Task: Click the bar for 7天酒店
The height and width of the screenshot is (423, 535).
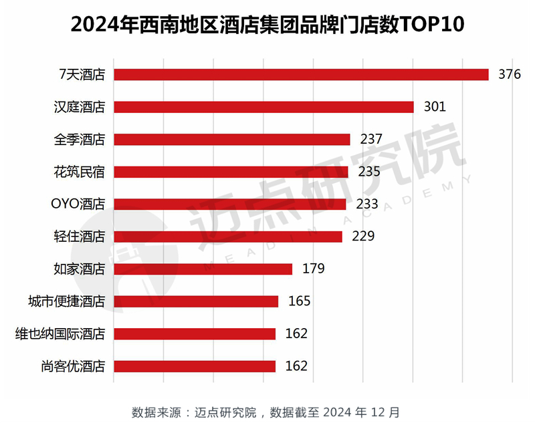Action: (301, 74)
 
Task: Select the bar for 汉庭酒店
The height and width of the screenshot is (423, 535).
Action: (264, 107)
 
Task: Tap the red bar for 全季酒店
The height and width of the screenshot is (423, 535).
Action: (232, 139)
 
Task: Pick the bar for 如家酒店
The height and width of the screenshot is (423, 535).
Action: (203, 269)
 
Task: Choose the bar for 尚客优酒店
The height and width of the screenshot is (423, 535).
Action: (195, 366)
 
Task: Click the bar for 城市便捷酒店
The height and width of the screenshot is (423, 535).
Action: (196, 301)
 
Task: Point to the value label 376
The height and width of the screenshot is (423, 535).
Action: (509, 74)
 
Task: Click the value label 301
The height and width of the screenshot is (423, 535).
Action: (435, 107)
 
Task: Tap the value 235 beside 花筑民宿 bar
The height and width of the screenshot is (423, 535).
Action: (369, 172)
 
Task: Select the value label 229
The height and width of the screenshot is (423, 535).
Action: (363, 237)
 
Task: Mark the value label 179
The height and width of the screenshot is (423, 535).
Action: (313, 269)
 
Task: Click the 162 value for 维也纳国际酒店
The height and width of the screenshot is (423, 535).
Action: (296, 333)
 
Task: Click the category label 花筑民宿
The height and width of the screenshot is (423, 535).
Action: (80, 172)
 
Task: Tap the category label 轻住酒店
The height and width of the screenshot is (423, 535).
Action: (80, 237)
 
